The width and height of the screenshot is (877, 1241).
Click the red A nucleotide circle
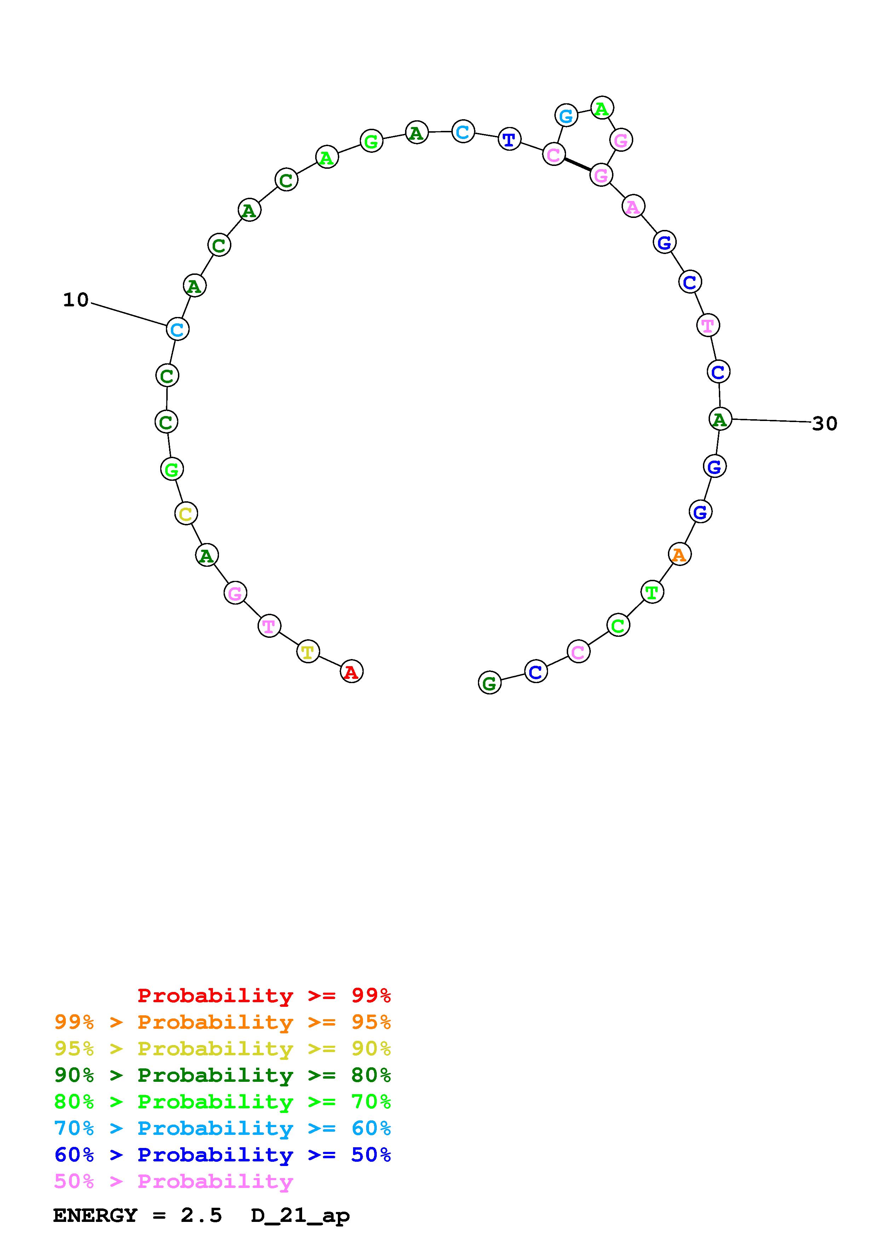point(352,672)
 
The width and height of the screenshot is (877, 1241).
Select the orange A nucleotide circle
point(680,554)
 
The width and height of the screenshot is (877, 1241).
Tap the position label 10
point(76,300)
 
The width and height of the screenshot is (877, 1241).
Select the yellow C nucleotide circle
point(186,513)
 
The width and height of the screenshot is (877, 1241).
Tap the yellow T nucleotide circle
point(308,651)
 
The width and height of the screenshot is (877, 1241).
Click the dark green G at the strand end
point(490,683)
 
